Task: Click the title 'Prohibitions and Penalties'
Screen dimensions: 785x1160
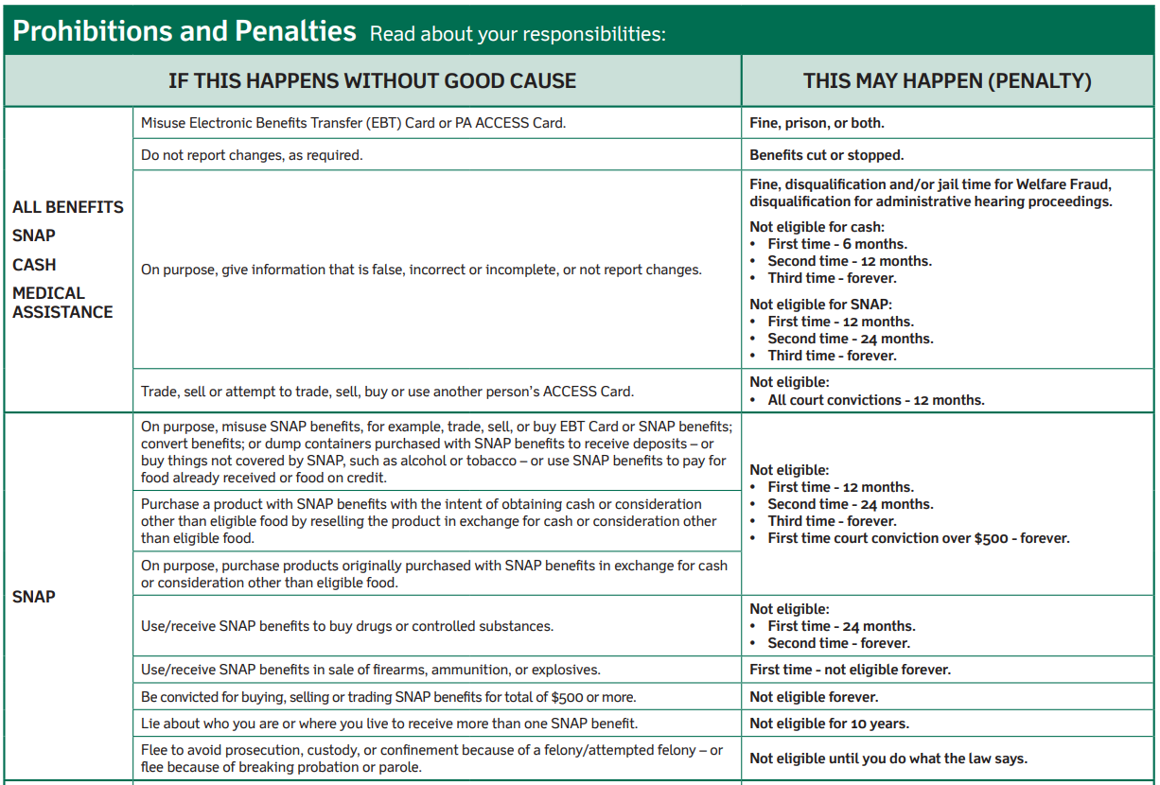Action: pyautogui.click(x=185, y=31)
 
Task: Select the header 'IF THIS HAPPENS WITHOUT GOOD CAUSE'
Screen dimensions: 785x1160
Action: pyautogui.click(x=372, y=81)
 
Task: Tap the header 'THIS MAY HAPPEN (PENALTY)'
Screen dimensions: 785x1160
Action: pyautogui.click(x=947, y=81)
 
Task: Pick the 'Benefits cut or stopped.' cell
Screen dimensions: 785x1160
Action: pyautogui.click(x=827, y=155)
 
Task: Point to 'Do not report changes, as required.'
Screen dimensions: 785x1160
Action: pyautogui.click(x=252, y=155)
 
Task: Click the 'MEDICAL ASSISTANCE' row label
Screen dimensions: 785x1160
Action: pyautogui.click(x=62, y=303)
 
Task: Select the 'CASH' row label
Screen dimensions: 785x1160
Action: pyautogui.click(x=34, y=265)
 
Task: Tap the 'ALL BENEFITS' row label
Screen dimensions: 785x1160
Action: pyautogui.click(x=68, y=207)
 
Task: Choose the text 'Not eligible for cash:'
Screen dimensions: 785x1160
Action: pyautogui.click(x=817, y=227)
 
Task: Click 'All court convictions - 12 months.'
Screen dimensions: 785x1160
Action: pyautogui.click(x=876, y=400)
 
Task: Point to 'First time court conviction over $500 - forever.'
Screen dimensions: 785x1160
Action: pyautogui.click(x=919, y=538)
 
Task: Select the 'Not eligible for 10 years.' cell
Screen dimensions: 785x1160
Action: pyautogui.click(x=829, y=724)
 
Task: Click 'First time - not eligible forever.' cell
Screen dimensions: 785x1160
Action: pyautogui.click(x=851, y=670)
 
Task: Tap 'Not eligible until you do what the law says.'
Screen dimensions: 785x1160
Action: pyautogui.click(x=888, y=759)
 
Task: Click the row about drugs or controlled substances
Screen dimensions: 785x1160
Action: pyautogui.click(x=347, y=626)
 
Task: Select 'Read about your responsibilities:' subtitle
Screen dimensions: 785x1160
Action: pyautogui.click(x=518, y=34)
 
